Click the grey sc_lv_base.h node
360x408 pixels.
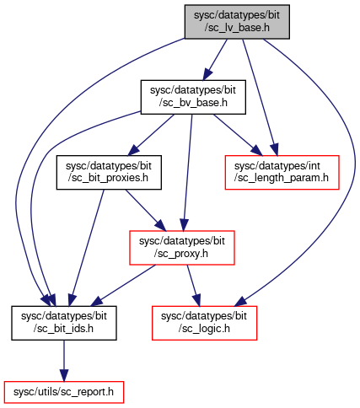(237, 22)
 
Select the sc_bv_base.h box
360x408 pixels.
(193, 97)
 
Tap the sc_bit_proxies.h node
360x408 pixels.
(109, 172)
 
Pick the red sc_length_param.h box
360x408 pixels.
(282, 172)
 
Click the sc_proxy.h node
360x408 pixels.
(182, 248)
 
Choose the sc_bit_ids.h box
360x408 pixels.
(64, 323)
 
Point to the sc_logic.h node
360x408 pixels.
(204, 323)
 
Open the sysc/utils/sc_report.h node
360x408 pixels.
(64, 392)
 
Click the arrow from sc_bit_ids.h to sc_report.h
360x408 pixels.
(64, 361)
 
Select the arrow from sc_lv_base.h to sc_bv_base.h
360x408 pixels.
(215, 60)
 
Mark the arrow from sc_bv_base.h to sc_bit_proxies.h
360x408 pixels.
(151, 135)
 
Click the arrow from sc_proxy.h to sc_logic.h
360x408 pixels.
(194, 286)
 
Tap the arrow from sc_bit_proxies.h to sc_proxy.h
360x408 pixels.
(145, 210)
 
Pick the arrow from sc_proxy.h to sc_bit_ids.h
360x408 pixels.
(123, 286)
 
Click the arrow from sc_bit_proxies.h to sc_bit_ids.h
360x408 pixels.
(86, 248)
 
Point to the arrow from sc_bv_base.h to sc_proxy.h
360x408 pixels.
(188, 173)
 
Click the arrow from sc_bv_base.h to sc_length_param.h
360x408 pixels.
(238, 135)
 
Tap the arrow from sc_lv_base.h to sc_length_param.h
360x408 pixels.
(260, 97)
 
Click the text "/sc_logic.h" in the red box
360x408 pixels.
(204, 329)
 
